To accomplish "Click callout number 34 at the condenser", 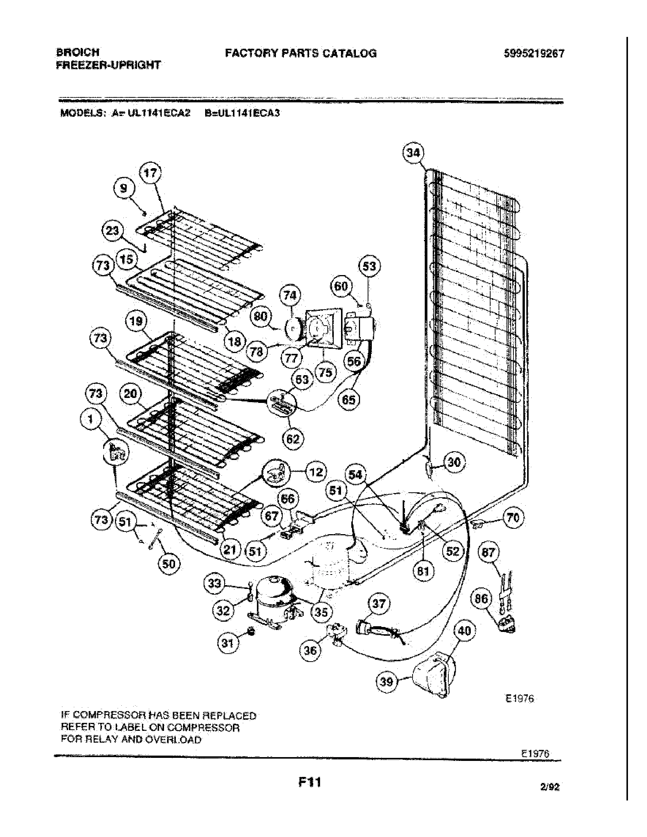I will click(413, 153).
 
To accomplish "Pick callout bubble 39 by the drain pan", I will click(387, 682).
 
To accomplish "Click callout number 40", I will click(464, 630).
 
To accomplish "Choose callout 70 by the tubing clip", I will click(513, 518).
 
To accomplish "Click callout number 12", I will click(316, 472).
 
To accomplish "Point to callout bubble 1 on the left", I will click(91, 419).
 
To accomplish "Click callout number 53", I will click(370, 266).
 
